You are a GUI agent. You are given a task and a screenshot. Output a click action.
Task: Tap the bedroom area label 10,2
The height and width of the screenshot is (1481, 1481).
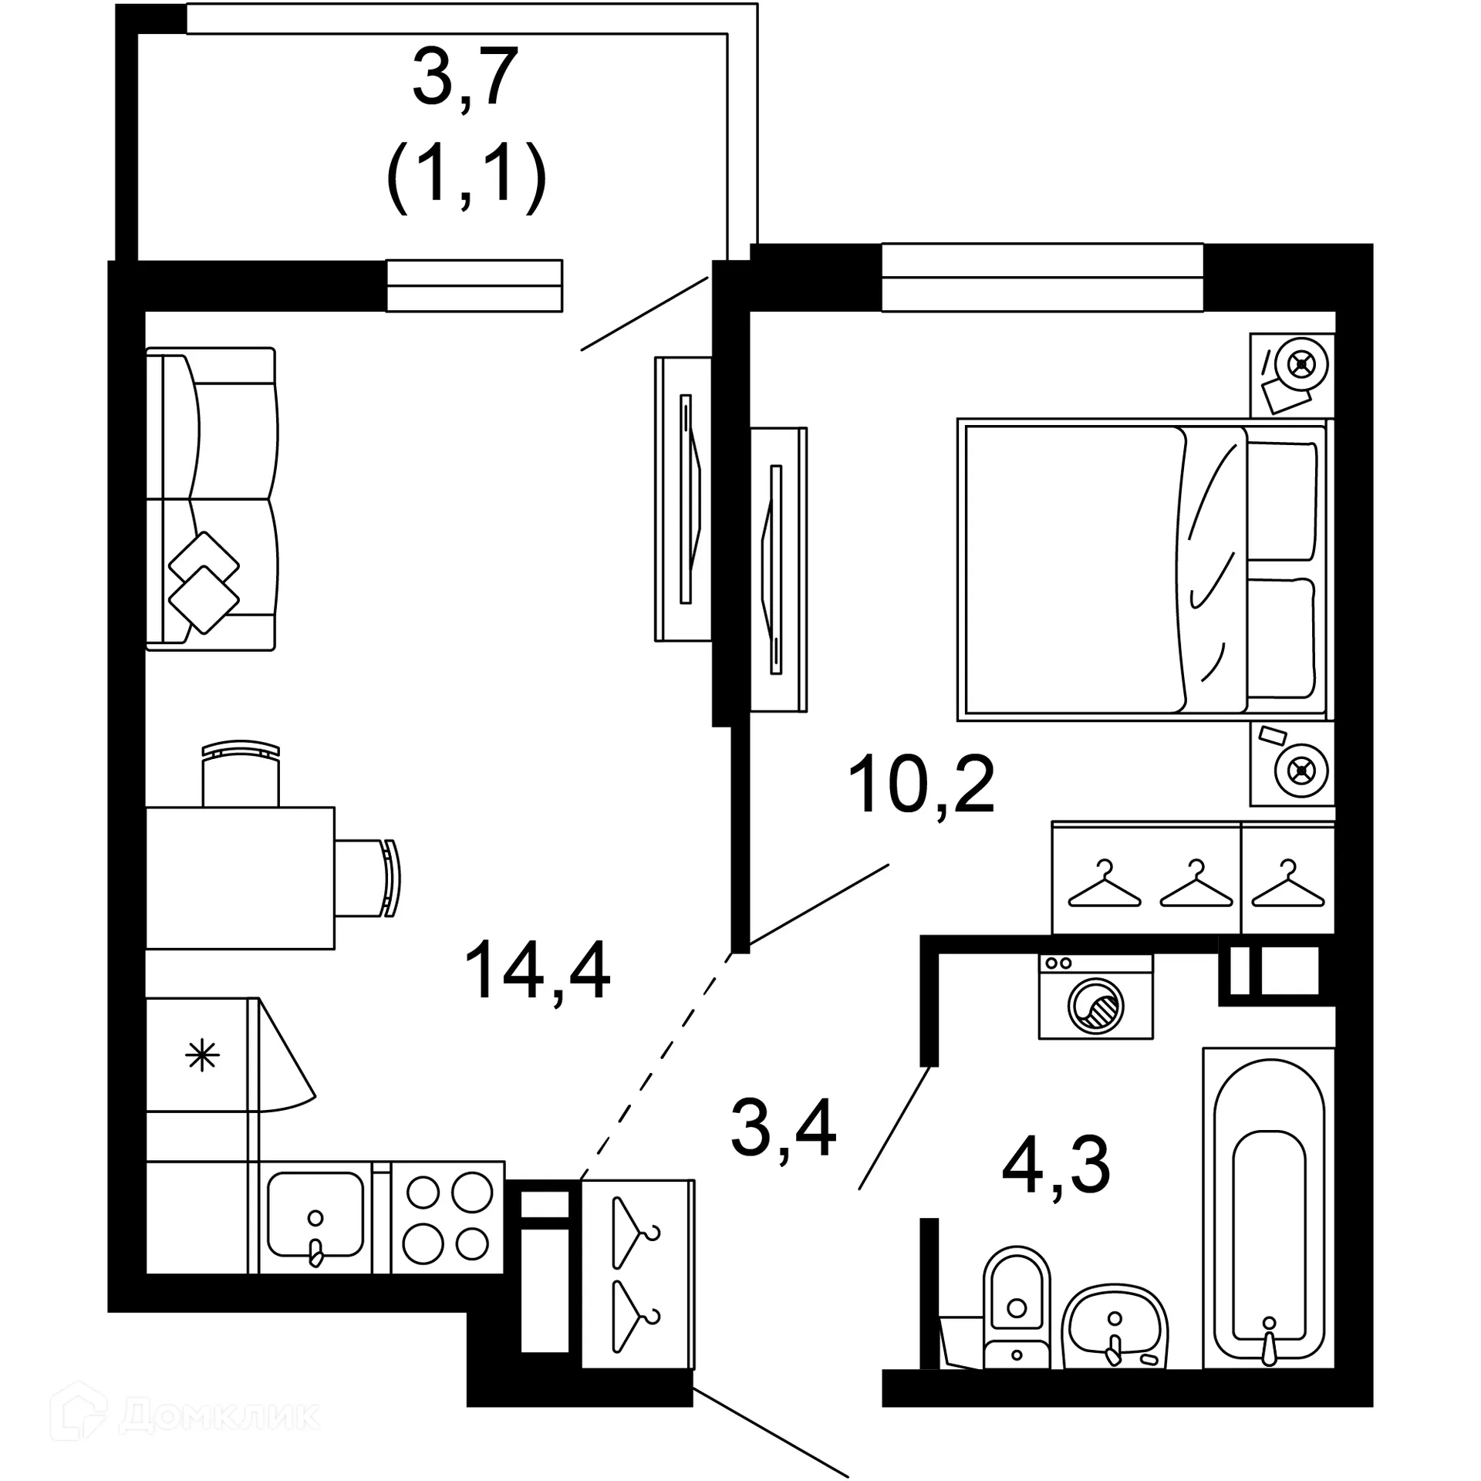pos(921,784)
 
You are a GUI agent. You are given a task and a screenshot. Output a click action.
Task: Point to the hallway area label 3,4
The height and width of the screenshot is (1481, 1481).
pos(783,1128)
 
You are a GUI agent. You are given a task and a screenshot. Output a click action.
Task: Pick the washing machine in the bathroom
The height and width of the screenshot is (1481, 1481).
pos(1095,997)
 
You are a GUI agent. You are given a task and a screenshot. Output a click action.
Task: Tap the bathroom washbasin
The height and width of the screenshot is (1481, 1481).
pos(1114,1324)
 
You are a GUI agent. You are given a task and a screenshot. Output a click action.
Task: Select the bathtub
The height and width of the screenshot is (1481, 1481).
pos(1269,1208)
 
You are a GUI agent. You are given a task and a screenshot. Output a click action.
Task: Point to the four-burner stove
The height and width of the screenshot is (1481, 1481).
pos(448,1227)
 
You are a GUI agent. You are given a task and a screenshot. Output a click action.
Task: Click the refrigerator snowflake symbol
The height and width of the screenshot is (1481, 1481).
pos(203,1055)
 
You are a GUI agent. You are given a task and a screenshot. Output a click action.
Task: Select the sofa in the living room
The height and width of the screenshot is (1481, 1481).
pos(211,498)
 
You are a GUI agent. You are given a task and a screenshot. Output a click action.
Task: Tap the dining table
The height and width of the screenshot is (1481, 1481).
pos(240,878)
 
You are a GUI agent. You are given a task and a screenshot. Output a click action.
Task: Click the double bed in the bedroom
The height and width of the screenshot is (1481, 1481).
pos(1142,569)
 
